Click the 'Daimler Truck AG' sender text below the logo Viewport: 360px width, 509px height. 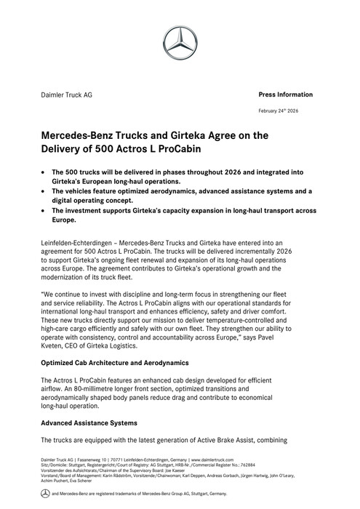click(x=66, y=95)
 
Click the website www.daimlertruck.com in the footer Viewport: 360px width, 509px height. click(x=214, y=460)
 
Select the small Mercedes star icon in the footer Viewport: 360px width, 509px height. click(x=44, y=494)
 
